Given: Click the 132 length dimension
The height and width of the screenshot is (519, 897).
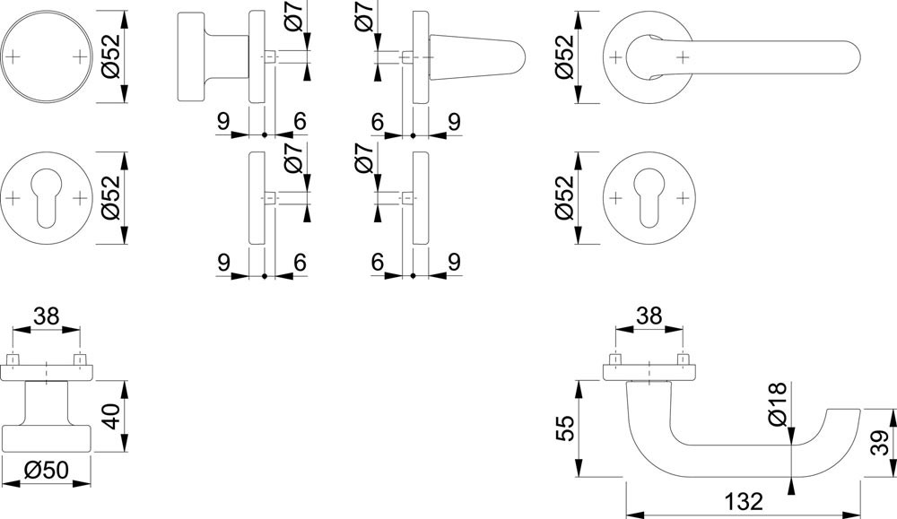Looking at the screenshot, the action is coord(744,501).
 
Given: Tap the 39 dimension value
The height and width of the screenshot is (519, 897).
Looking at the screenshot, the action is coord(881,443).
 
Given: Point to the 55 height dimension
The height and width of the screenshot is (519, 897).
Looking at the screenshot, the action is coord(563,428).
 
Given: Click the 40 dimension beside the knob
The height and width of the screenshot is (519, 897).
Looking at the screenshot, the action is coord(112,416).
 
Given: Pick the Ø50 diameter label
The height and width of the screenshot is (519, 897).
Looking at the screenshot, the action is coord(47,470).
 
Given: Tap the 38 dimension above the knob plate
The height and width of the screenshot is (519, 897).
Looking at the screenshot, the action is coord(47,316).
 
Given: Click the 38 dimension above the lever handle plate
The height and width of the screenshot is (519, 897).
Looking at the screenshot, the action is coord(649,316).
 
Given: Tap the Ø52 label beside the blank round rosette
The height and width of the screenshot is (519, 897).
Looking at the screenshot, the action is coord(110,56).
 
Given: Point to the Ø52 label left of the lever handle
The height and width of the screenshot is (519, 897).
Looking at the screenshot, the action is coord(564,56).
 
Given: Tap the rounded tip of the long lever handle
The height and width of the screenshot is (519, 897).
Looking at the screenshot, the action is coord(852,57).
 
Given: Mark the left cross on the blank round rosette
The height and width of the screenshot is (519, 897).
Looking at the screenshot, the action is coord(13,56).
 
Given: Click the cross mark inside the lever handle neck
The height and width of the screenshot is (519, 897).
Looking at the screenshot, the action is coord(682,57).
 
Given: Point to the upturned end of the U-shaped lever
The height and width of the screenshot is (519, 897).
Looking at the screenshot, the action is coord(844,416).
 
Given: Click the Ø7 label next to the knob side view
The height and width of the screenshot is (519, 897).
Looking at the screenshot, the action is coord(293,22).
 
